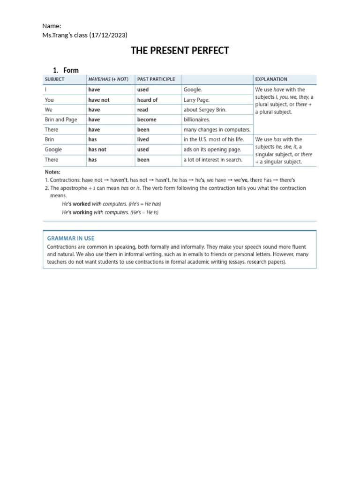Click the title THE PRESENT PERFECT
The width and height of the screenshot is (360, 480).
tap(180, 51)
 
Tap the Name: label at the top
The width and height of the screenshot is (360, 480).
tap(52, 26)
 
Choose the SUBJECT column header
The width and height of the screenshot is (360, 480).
tap(54, 79)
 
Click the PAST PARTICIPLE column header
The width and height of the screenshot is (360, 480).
tap(156, 79)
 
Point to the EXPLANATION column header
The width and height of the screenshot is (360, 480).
tap(271, 79)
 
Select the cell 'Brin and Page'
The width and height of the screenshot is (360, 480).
tap(61, 120)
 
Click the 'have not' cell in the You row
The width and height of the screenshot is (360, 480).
tap(99, 100)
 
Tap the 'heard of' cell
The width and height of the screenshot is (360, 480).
tap(147, 100)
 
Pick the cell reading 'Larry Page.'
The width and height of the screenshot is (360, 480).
tap(197, 100)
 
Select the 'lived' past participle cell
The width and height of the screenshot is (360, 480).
tap(143, 139)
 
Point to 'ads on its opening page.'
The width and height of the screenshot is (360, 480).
tap(212, 150)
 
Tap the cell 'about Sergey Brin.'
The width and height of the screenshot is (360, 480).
tap(205, 110)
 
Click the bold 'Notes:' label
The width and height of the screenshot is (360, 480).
tap(52, 172)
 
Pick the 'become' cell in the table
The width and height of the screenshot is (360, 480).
tap(147, 120)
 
